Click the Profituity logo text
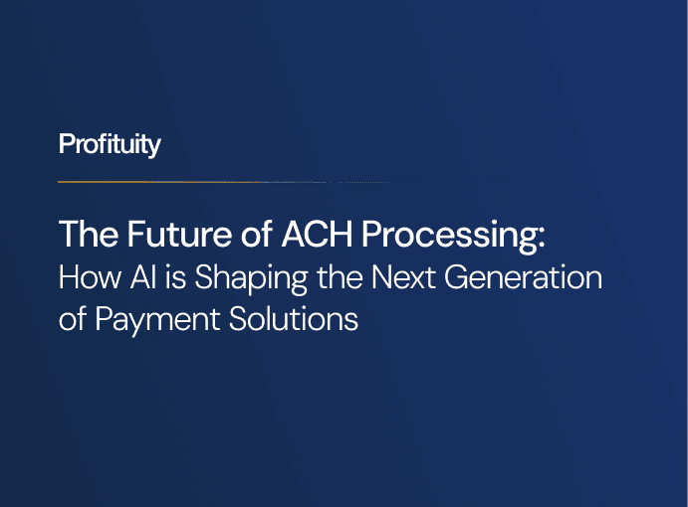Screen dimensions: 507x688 coord(110,144)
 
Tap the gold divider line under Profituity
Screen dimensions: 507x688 coord(105,182)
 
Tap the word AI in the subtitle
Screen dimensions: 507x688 coord(133,277)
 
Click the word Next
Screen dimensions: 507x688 coord(400,277)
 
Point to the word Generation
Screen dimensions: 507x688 coord(521,277)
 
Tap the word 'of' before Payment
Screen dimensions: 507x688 coord(72,321)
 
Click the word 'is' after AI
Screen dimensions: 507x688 coord(168,277)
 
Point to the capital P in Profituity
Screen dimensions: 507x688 coord(66,144)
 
